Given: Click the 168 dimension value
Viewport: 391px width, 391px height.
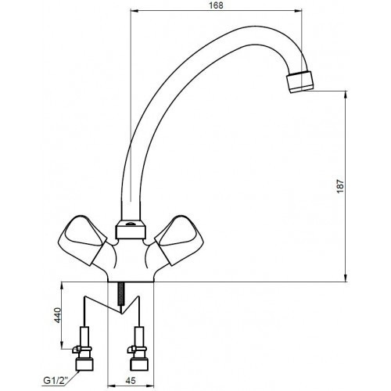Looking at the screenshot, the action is coord(216,5).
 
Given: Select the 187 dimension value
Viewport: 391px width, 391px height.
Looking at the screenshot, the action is coord(340,186).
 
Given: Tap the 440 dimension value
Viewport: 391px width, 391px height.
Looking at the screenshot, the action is coord(57,315).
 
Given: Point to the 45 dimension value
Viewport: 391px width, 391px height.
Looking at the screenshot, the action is coord(131,380).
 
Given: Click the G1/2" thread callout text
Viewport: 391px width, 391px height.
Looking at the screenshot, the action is coord(56,380).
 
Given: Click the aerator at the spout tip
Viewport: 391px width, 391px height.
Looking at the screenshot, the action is coord(300,81).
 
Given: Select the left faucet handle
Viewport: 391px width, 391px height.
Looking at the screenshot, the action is coord(81,240).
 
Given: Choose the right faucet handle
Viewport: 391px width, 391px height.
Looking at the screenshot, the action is coord(179,240).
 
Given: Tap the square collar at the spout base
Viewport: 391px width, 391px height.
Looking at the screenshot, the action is coord(131,229).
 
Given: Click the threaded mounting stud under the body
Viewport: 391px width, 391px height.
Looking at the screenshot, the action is coord(120,294).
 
